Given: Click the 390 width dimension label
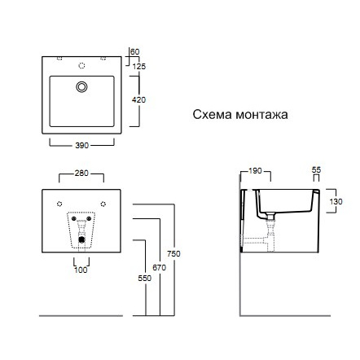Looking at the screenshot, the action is pos(82,145).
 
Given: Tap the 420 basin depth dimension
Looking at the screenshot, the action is pos(138,100).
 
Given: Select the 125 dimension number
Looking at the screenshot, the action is pos(139,66).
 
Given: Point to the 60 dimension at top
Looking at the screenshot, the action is pos(135,51).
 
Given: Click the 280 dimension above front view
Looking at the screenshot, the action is pos(81,173).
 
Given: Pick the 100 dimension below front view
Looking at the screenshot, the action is pos(81,270).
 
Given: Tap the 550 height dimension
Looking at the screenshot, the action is pos(145,279).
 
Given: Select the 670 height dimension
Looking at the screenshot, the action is pos(159,268).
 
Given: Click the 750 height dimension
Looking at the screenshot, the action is pos(173,254).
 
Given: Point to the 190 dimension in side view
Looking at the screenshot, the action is pos(255,171).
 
